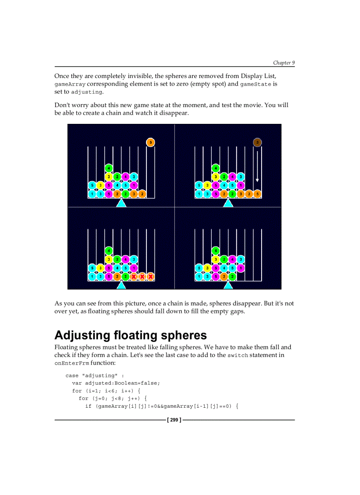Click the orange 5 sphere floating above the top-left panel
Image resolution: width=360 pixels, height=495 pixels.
coord(150,142)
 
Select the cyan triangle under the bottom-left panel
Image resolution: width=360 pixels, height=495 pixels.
coord(121,285)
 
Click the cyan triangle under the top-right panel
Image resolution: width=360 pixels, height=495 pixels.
coord(228,203)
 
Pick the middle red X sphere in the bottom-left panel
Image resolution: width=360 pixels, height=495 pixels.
coord(142,276)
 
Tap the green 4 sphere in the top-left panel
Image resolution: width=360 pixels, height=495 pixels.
coord(109,168)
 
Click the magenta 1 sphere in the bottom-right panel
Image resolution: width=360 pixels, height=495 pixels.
coord(240,268)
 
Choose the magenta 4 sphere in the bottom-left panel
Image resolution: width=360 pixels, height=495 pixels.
coord(125,259)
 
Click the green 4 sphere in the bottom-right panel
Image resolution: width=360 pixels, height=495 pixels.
coord(215,250)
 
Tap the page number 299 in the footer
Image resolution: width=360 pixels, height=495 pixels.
coord(174,420)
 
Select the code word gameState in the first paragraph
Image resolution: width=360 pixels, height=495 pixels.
coord(255,84)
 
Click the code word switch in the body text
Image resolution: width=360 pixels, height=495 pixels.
coord(237,356)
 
